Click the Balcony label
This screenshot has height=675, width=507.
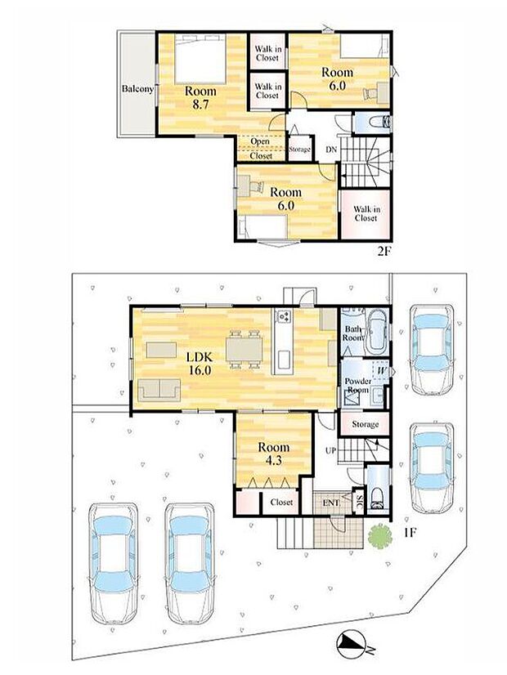pyautogui.click(x=137, y=89)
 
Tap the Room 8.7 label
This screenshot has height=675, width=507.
pyautogui.click(x=200, y=98)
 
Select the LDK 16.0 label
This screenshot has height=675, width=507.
pyautogui.click(x=199, y=363)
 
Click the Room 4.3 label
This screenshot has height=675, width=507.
pyautogui.click(x=273, y=454)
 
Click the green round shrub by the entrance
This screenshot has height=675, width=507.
pyautogui.click(x=379, y=535)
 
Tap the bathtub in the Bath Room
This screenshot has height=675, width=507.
pyautogui.click(x=377, y=333)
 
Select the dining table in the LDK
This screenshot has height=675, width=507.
pyautogui.click(x=245, y=349)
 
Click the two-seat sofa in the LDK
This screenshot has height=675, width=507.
pyautogui.click(x=159, y=390)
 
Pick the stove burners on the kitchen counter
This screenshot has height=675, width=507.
pyautogui.click(x=284, y=316)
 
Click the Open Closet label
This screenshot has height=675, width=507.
pyautogui.click(x=261, y=149)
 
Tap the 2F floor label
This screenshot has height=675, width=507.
pyautogui.click(x=384, y=252)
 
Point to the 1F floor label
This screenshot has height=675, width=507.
pyautogui.click(x=409, y=533)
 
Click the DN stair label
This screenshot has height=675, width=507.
pyautogui.click(x=331, y=150)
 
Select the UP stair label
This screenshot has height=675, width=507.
pyautogui.click(x=330, y=451)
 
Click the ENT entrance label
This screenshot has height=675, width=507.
pyautogui.click(x=331, y=503)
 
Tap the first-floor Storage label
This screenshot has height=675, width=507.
pyautogui.click(x=366, y=424)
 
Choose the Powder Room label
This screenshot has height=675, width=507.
pyautogui.click(x=358, y=385)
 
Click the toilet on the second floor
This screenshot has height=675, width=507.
pyautogui.click(x=380, y=122)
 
